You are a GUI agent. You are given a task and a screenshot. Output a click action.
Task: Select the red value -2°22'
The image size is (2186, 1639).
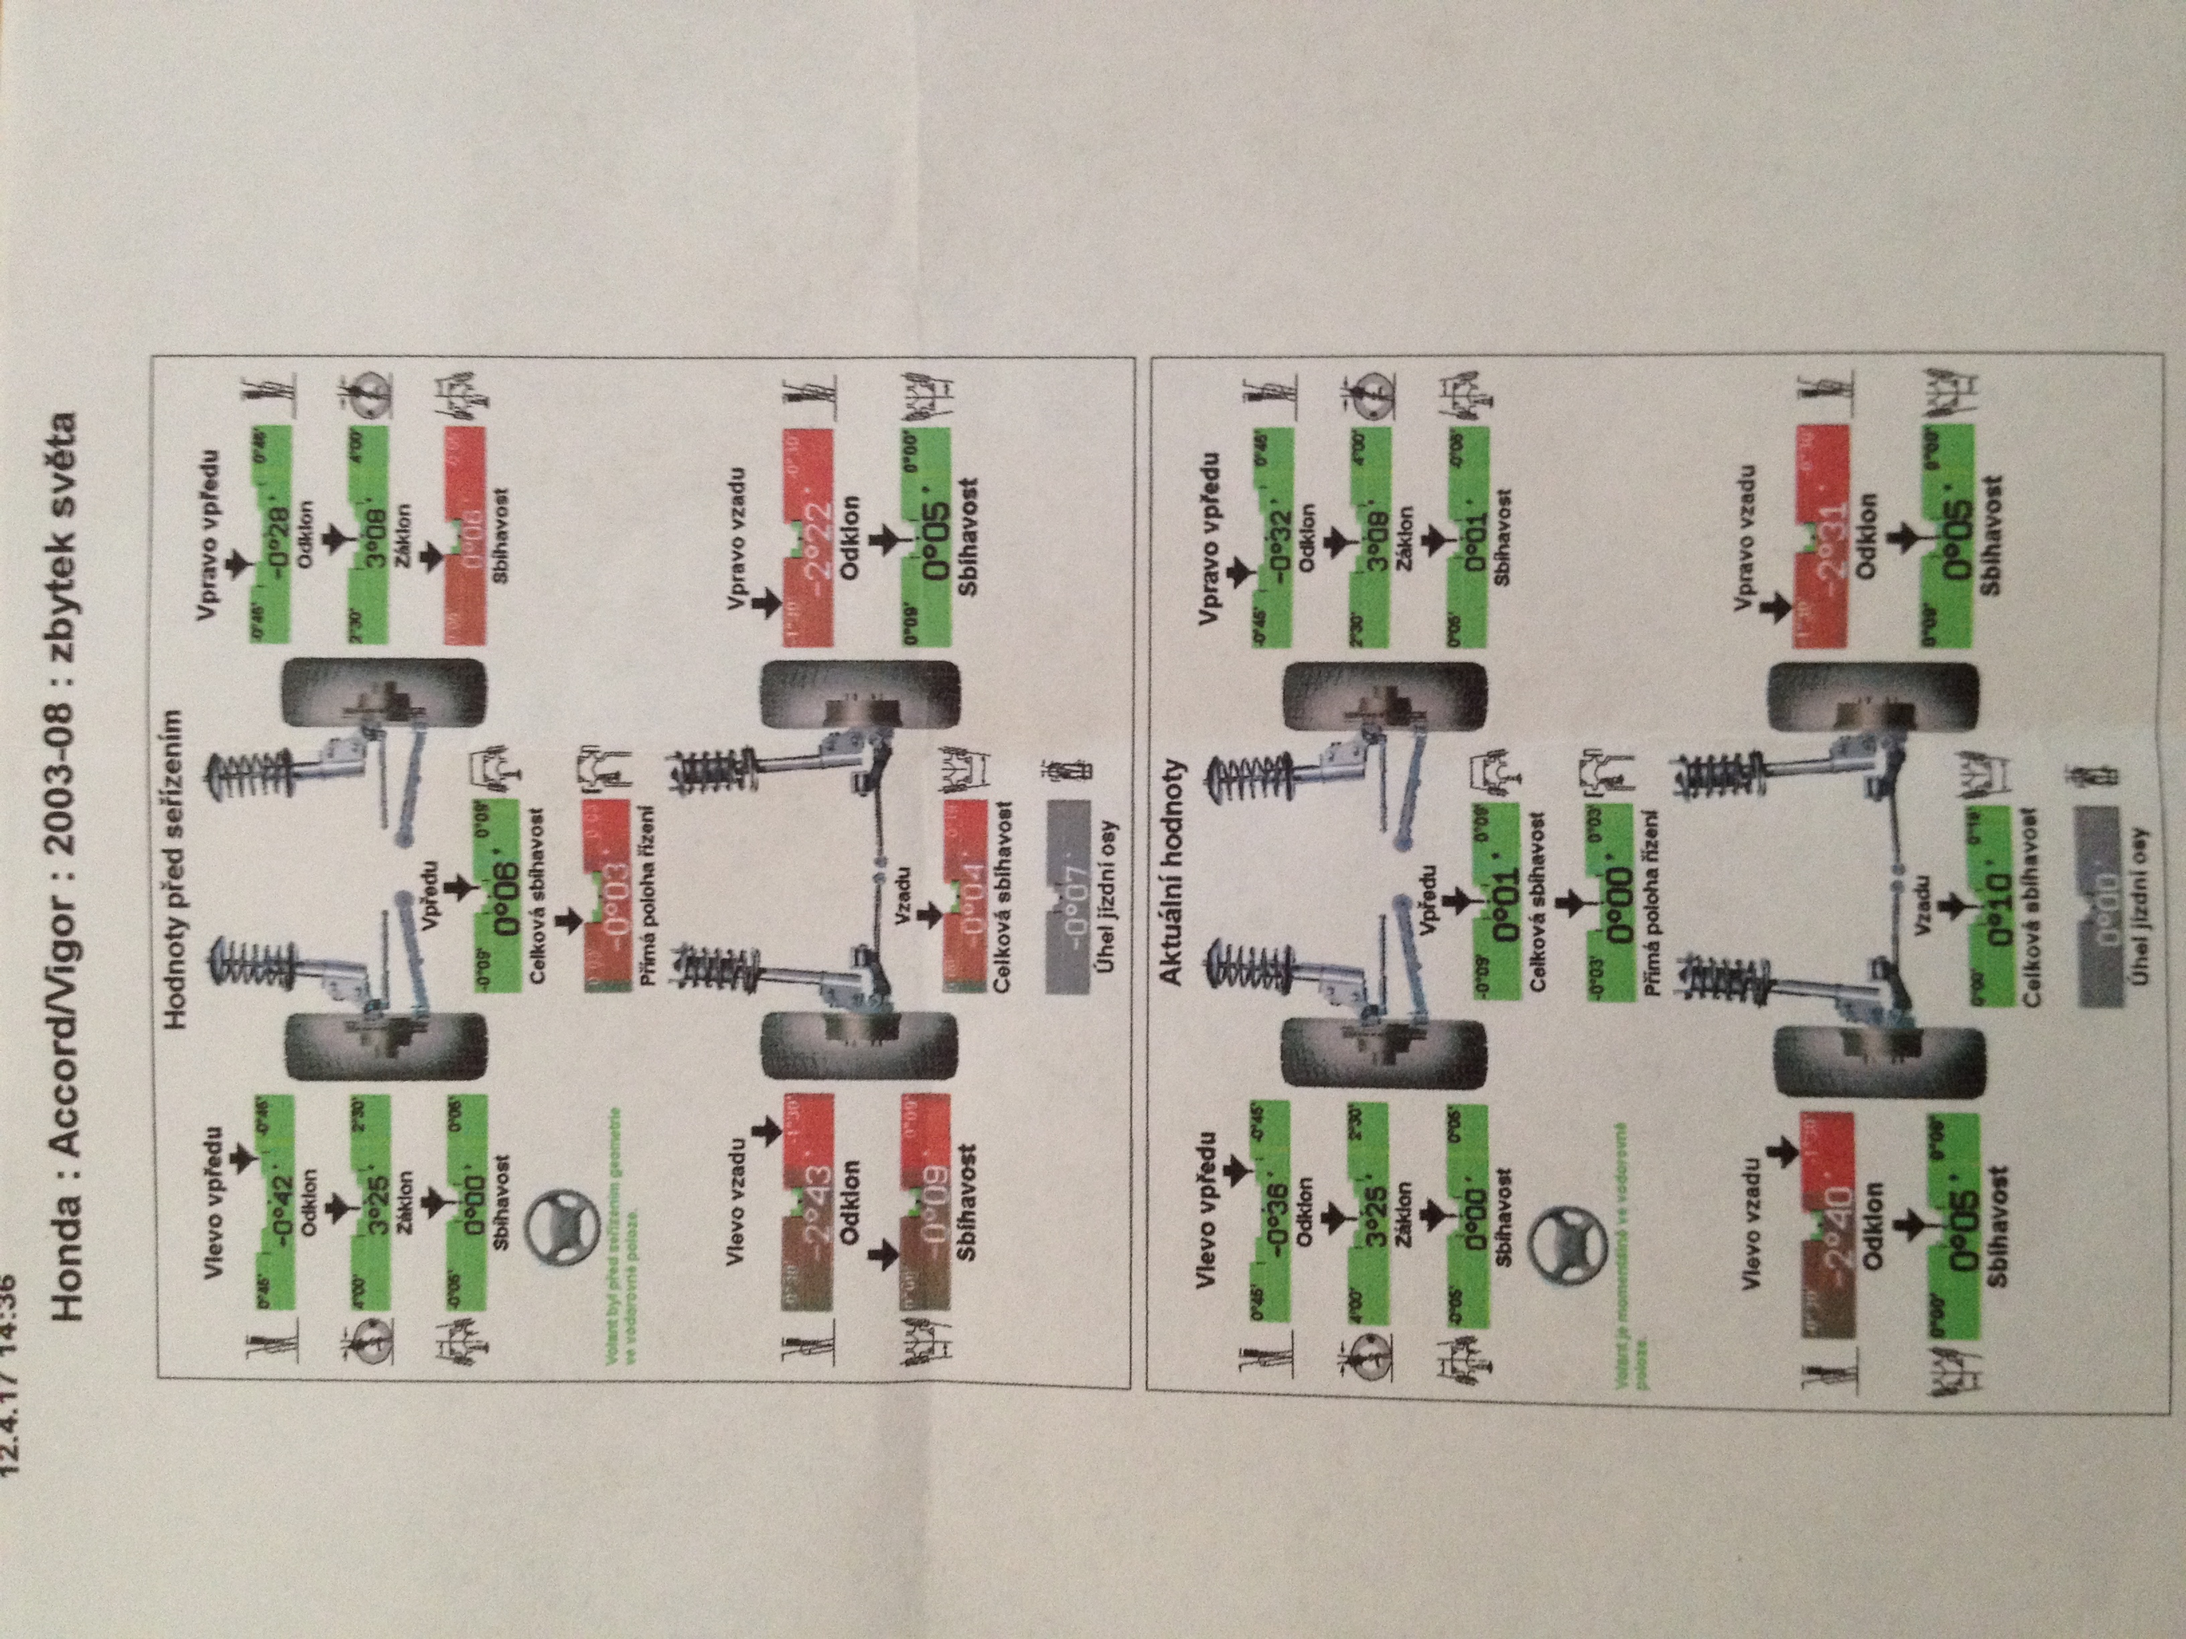pyautogui.click(x=808, y=538)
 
